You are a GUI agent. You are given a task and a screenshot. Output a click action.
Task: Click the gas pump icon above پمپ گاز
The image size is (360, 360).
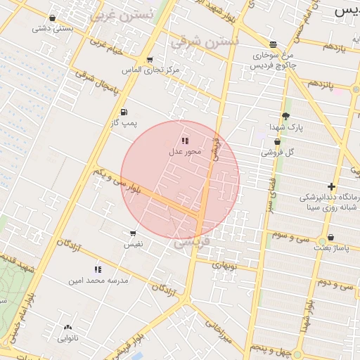pyautogui.click(x=124, y=112)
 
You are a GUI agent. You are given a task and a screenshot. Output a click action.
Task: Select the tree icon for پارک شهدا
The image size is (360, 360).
pyautogui.click(x=285, y=116)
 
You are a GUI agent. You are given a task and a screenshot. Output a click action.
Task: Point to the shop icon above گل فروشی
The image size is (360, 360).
pyautogui.click(x=277, y=142)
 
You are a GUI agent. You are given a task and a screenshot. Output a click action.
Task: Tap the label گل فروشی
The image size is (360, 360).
pyautogui.click(x=278, y=152)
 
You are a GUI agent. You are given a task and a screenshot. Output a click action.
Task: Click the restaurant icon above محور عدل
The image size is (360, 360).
pyautogui.click(x=185, y=141)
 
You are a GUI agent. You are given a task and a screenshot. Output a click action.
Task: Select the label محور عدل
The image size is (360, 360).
pyautogui.click(x=185, y=151)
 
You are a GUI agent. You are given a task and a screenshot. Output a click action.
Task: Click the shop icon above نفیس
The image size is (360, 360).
pyautogui.click(x=133, y=233)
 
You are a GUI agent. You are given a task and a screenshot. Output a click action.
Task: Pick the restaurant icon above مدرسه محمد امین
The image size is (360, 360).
pyautogui.click(x=98, y=269)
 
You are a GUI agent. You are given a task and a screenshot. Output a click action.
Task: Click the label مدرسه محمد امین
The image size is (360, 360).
pyautogui.click(x=98, y=280)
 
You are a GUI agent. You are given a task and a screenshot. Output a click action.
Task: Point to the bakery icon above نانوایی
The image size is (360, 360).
pyautogui.click(x=67, y=328)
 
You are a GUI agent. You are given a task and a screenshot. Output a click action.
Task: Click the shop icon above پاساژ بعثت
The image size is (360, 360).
pyautogui.click(x=330, y=238)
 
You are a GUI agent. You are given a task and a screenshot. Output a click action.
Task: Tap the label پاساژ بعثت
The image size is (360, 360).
pyautogui.click(x=330, y=248)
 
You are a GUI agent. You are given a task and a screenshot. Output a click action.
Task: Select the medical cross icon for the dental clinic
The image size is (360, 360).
pyautogui.click(x=332, y=187)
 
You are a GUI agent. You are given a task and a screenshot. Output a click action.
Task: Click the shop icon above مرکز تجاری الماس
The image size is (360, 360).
pyautogui.click(x=149, y=60)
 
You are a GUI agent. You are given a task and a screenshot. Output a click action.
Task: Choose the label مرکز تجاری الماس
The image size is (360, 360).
pyautogui.click(x=150, y=70)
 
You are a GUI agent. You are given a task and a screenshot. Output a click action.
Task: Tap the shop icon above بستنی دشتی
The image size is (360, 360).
pyautogui.click(x=53, y=18)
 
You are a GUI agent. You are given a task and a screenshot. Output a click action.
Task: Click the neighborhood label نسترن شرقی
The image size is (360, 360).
pyautogui.click(x=205, y=41)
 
